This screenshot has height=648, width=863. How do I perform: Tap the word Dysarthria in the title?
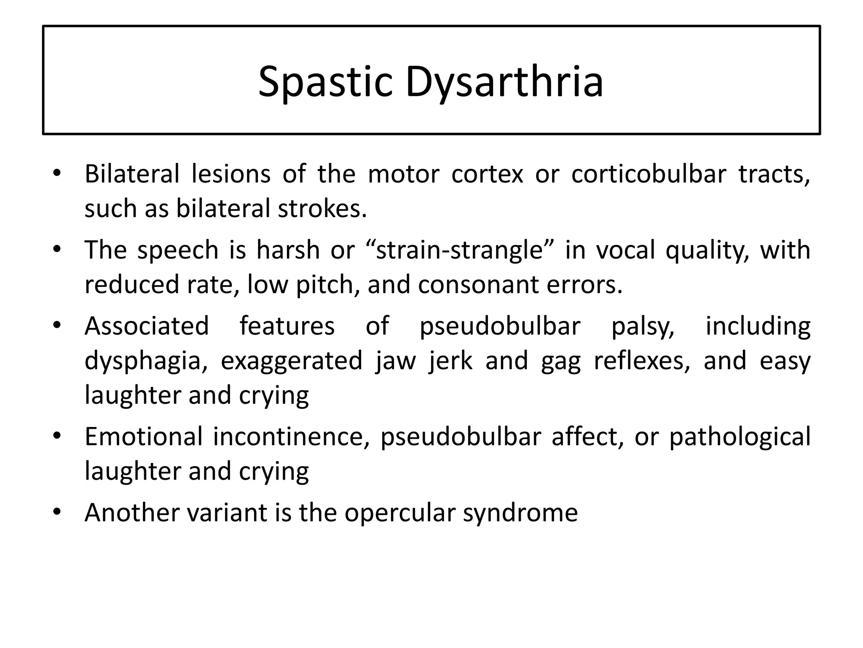[504, 81]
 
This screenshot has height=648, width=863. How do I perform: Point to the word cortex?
[487, 174]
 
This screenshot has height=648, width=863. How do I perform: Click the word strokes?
[322, 208]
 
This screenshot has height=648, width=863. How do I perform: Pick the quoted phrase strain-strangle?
[459, 250]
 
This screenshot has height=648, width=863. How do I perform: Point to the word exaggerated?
[292, 361]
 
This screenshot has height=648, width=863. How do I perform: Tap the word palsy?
[643, 327]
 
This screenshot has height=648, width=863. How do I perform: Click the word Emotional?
[144, 436]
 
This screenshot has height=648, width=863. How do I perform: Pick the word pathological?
[740, 436]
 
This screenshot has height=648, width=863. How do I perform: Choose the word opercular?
[400, 513]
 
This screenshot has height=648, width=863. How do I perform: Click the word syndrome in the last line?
[520, 513]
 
